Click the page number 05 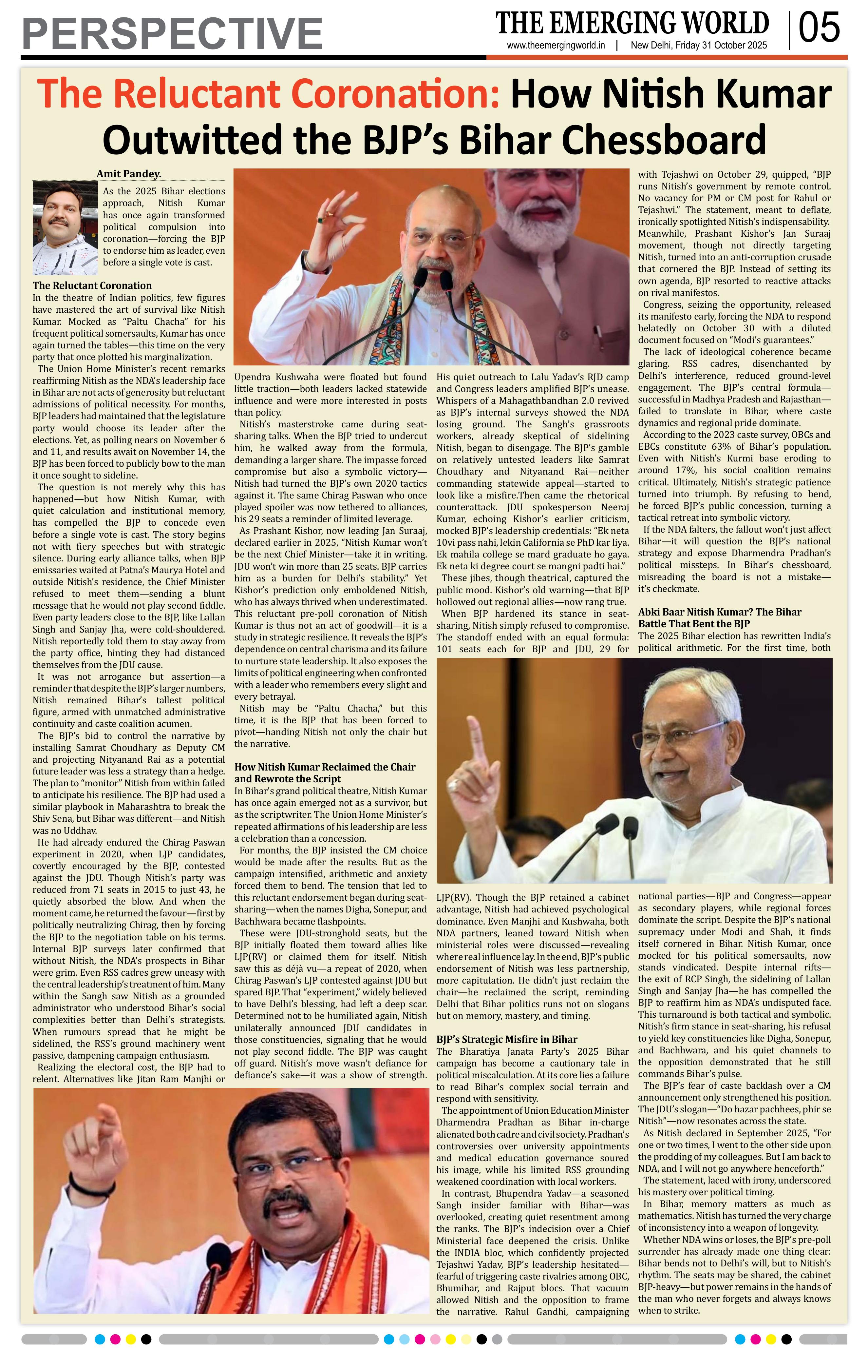pyautogui.click(x=819, y=29)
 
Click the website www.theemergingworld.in pyautogui.click(x=556, y=46)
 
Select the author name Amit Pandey pyautogui.click(x=128, y=174)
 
